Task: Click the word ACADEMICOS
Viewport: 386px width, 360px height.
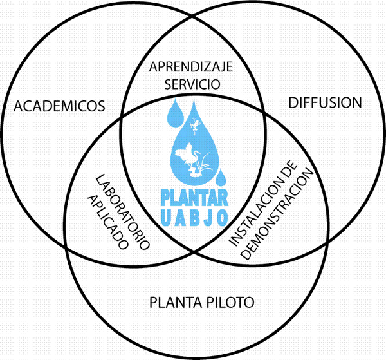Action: pyautogui.click(x=59, y=106)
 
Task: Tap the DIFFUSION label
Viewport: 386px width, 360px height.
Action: pyautogui.click(x=325, y=103)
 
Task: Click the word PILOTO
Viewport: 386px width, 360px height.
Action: pyautogui.click(x=230, y=302)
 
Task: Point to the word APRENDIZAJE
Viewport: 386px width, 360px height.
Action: pyautogui.click(x=191, y=67)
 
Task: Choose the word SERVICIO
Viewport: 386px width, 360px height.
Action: pyautogui.click(x=192, y=84)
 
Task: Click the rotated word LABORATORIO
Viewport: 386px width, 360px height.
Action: pyautogui.click(x=122, y=213)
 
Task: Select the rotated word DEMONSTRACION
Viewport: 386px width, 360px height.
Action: pyautogui.click(x=277, y=214)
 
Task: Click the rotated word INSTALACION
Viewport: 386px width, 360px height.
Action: pyautogui.click(x=263, y=204)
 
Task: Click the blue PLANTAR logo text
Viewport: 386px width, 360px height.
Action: pyautogui.click(x=194, y=198)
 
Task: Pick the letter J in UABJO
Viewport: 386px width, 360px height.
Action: pyautogui.click(x=208, y=218)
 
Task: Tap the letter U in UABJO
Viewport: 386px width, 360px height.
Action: pyautogui.click(x=167, y=218)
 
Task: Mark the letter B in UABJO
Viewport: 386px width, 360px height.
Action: pyautogui.click(x=196, y=218)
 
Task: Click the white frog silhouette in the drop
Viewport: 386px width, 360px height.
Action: pyautogui.click(x=195, y=125)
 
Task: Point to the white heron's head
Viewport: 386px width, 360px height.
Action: pyautogui.click(x=197, y=153)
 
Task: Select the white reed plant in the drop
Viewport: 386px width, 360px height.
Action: pyautogui.click(x=206, y=163)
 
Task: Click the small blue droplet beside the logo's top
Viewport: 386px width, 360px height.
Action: pyautogui.click(x=175, y=113)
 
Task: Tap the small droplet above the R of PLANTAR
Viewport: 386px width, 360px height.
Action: pyautogui.click(x=221, y=177)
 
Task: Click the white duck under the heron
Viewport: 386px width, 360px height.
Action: pyautogui.click(x=194, y=172)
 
